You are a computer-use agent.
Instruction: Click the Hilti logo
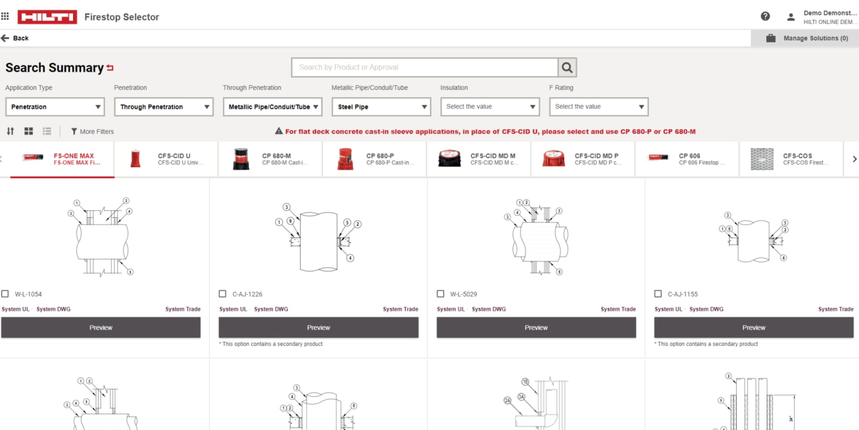(47, 17)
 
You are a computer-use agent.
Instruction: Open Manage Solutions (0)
(808, 38)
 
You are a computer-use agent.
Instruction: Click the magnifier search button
(567, 67)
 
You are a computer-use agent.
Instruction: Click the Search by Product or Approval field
(424, 67)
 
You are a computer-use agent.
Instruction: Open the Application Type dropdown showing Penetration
(55, 107)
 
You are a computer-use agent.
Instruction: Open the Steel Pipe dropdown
(381, 107)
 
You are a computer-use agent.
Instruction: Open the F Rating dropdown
(599, 107)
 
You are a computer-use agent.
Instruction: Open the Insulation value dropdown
(490, 107)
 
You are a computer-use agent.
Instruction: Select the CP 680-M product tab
(270, 159)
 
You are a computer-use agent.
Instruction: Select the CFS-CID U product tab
(166, 159)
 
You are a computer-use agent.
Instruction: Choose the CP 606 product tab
(687, 159)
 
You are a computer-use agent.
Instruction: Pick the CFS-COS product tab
(791, 159)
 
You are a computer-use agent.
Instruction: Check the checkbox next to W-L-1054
(5, 294)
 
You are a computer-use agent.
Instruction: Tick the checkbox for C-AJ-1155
(658, 294)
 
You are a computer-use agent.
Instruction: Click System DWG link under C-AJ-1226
(271, 309)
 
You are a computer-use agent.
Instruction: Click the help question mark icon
(765, 17)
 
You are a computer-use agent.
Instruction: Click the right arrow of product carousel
(854, 159)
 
